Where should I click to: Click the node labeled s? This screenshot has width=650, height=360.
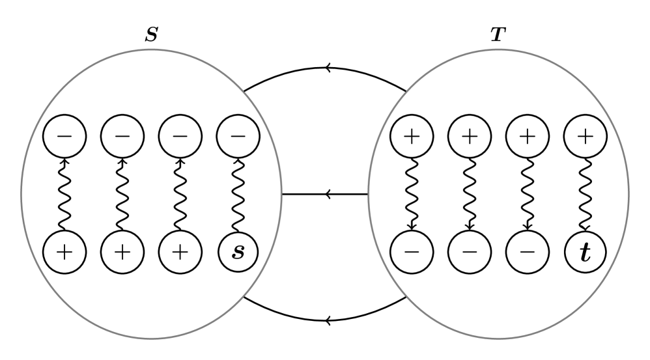(x=238, y=252)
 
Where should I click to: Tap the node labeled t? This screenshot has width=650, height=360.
(x=585, y=252)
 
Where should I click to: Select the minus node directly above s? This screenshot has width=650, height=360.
(x=238, y=136)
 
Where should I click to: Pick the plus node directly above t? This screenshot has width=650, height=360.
(x=585, y=136)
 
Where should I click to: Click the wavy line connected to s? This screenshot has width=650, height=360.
(x=238, y=194)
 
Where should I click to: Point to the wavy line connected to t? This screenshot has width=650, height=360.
(x=585, y=194)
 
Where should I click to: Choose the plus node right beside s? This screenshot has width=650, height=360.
(x=180, y=252)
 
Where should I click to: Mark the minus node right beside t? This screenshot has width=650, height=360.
(x=528, y=252)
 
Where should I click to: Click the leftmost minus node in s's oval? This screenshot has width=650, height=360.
(x=64, y=136)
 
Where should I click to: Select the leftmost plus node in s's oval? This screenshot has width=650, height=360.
(x=64, y=252)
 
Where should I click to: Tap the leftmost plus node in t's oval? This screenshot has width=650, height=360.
(x=412, y=136)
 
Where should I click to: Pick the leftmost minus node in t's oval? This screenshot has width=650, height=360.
(x=412, y=252)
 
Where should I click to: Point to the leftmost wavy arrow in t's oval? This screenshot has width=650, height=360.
(x=412, y=194)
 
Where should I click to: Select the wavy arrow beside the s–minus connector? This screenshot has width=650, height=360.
(x=180, y=194)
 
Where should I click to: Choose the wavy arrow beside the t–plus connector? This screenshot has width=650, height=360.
(x=528, y=194)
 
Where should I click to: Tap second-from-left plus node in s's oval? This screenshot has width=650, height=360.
(x=122, y=252)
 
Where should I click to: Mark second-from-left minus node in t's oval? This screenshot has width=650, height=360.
(x=470, y=252)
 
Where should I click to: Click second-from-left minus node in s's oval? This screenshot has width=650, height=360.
(x=122, y=136)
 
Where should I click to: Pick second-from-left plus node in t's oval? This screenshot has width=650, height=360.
(x=470, y=136)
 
